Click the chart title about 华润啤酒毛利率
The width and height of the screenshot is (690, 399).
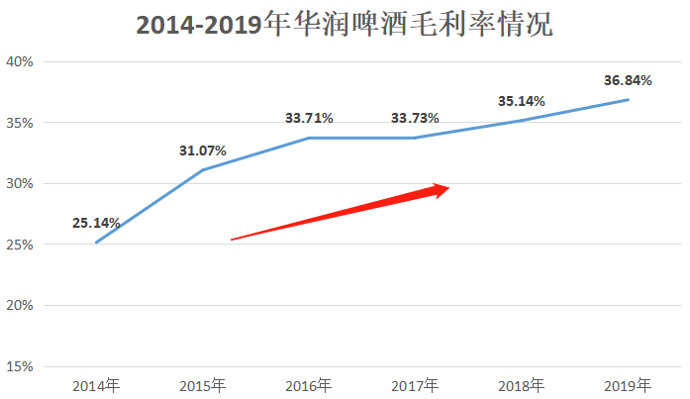[344, 24]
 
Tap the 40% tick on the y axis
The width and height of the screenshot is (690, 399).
[20, 61]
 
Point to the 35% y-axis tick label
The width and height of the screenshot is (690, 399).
[20, 123]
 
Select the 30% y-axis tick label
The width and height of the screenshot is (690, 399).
[20, 184]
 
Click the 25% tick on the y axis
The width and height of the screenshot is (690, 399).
[20, 245]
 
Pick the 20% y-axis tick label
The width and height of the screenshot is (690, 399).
[20, 306]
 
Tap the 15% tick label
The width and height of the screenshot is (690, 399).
[20, 367]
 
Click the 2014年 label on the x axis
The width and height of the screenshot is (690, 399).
[96, 385]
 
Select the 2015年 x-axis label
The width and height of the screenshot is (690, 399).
[203, 385]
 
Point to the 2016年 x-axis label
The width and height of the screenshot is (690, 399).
[309, 385]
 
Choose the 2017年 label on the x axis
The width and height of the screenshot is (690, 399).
[415, 385]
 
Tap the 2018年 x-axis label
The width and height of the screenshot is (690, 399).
[522, 385]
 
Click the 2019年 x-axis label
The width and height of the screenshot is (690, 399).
[628, 385]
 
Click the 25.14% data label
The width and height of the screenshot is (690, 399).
[96, 223]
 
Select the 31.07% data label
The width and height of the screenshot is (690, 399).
[203, 150]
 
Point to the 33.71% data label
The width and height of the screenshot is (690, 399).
[309, 118]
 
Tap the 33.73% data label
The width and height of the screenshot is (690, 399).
[415, 118]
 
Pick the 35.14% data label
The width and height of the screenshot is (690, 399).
[522, 100]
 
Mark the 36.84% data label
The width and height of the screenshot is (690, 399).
[628, 80]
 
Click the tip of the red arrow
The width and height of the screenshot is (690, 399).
[450, 187]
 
